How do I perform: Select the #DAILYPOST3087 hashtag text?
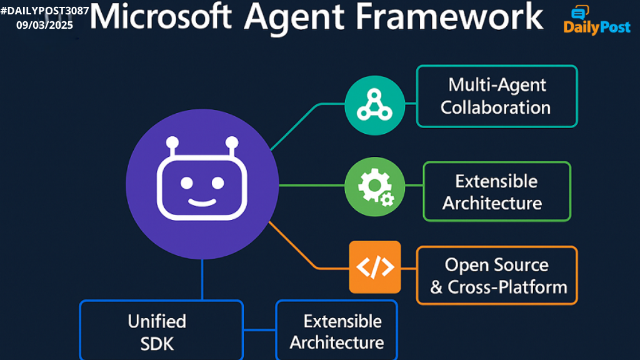tap(44, 10)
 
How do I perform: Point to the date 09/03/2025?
tap(44, 25)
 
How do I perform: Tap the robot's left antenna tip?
tap(173, 142)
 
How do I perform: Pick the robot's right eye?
tap(217, 182)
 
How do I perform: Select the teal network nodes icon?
tap(374, 104)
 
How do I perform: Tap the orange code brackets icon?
tap(375, 267)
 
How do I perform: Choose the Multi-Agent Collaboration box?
tap(497, 96)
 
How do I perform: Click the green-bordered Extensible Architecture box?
tap(497, 191)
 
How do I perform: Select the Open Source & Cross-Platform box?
tap(497, 275)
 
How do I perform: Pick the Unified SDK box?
tap(161, 331)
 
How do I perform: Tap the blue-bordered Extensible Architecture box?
tap(336, 331)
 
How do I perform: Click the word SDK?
tap(157, 343)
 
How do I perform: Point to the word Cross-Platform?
tap(507, 287)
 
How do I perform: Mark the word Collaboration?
tap(496, 107)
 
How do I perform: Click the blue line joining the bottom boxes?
tap(259, 329)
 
